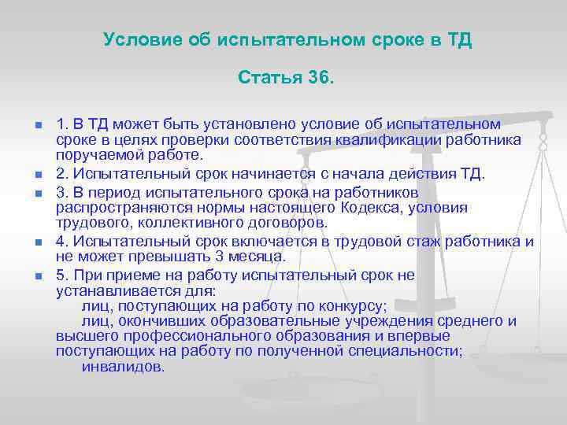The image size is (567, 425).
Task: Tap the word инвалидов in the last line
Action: click(123, 366)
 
